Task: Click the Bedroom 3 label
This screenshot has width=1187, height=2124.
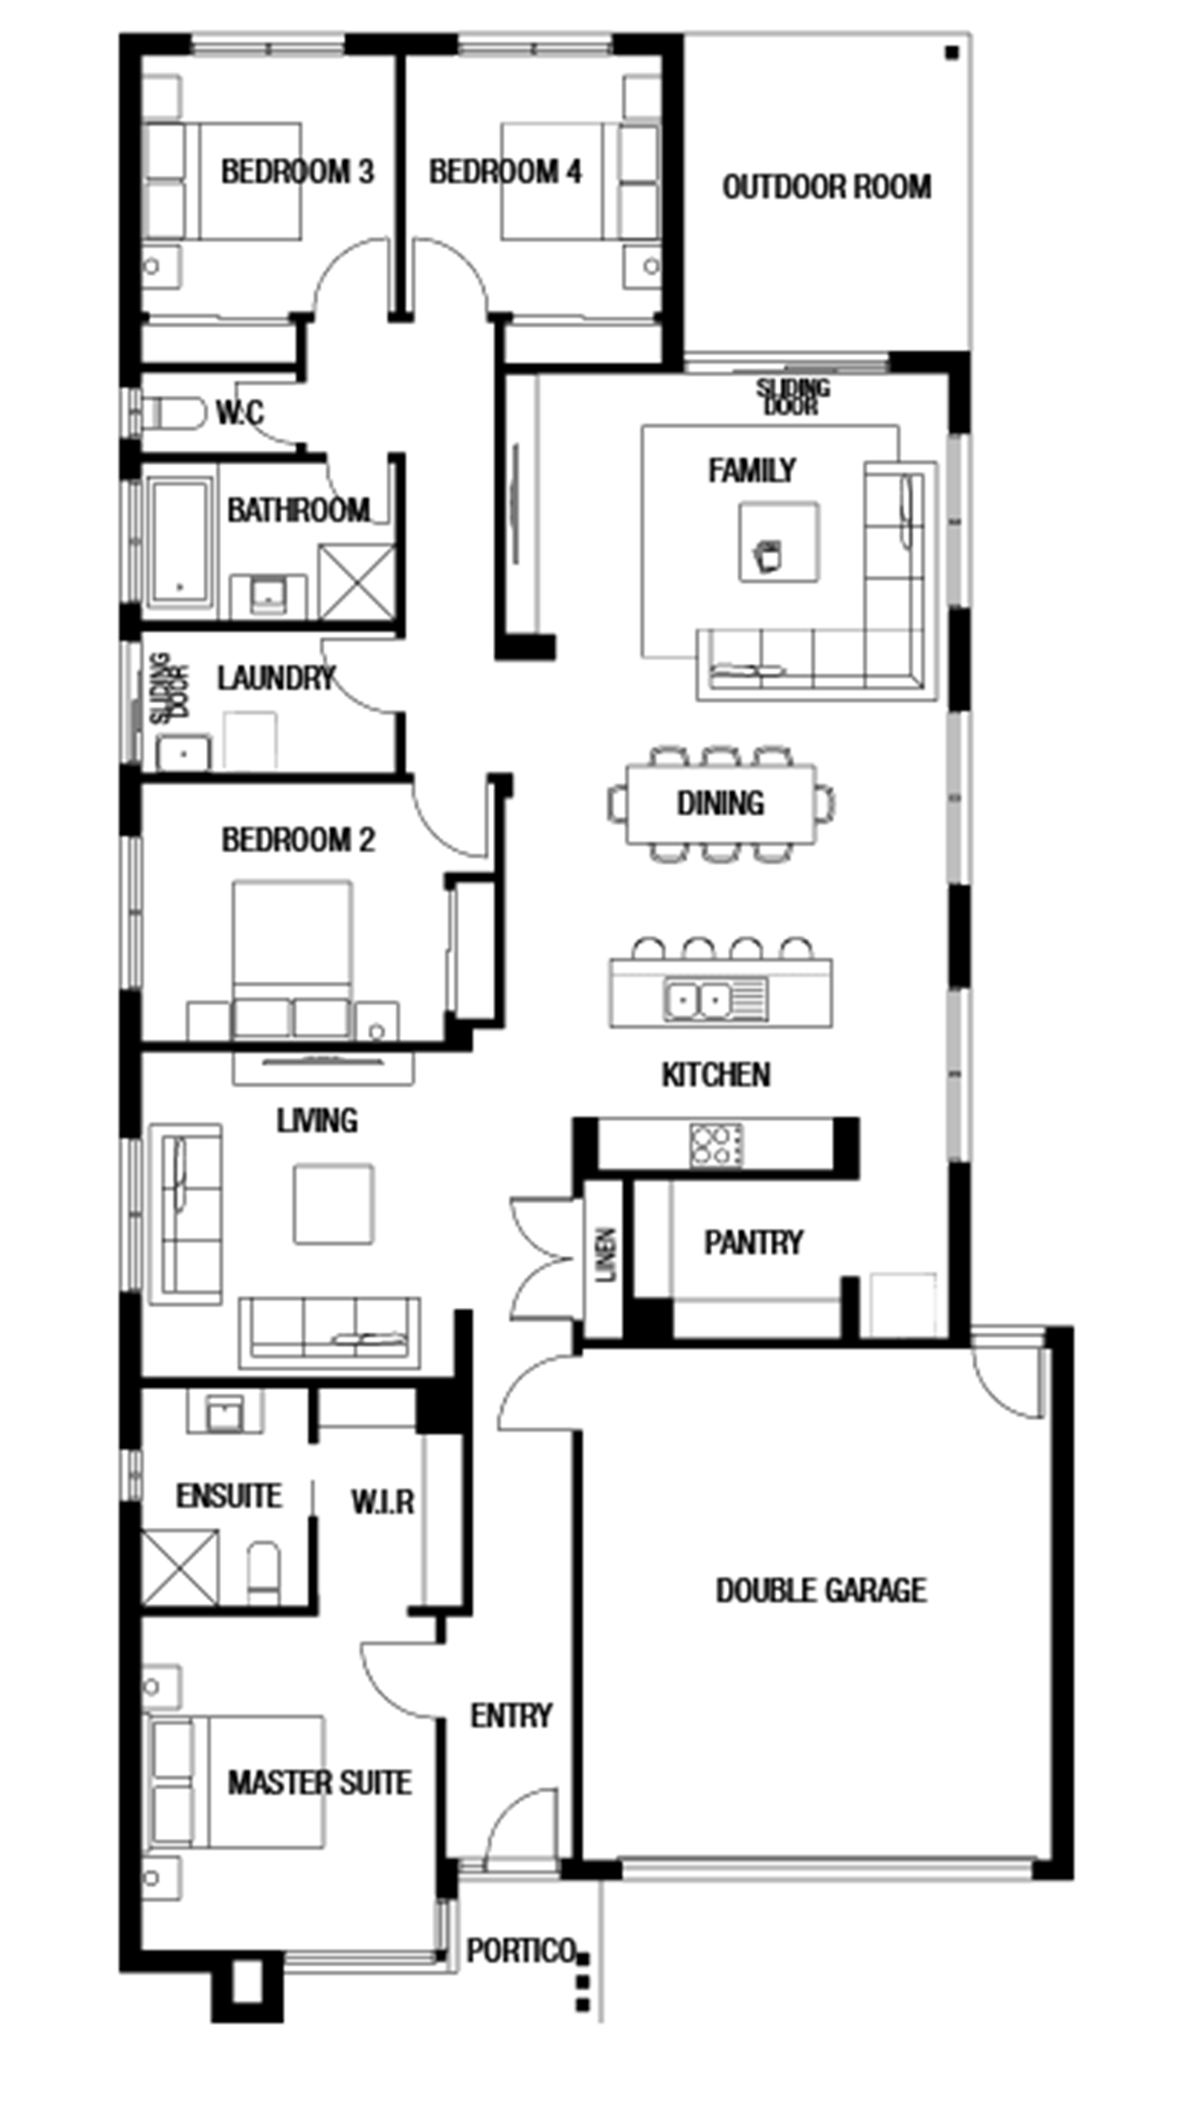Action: click(x=298, y=172)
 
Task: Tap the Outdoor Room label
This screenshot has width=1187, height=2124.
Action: click(x=827, y=187)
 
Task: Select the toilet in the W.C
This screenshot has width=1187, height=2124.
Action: click(x=174, y=413)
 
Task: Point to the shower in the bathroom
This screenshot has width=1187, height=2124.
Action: click(x=357, y=581)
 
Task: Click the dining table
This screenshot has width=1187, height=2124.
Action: click(x=721, y=804)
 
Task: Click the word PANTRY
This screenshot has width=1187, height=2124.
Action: click(x=753, y=1243)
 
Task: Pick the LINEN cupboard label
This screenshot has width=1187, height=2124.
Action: click(x=606, y=1255)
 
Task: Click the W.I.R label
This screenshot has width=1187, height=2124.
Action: click(x=382, y=1502)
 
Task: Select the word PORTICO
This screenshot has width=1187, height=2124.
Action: click(x=521, y=1951)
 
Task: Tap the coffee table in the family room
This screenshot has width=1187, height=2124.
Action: click(x=779, y=542)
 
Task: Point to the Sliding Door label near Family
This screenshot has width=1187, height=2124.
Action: click(x=793, y=397)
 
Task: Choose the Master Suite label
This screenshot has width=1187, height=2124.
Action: click(x=320, y=1783)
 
